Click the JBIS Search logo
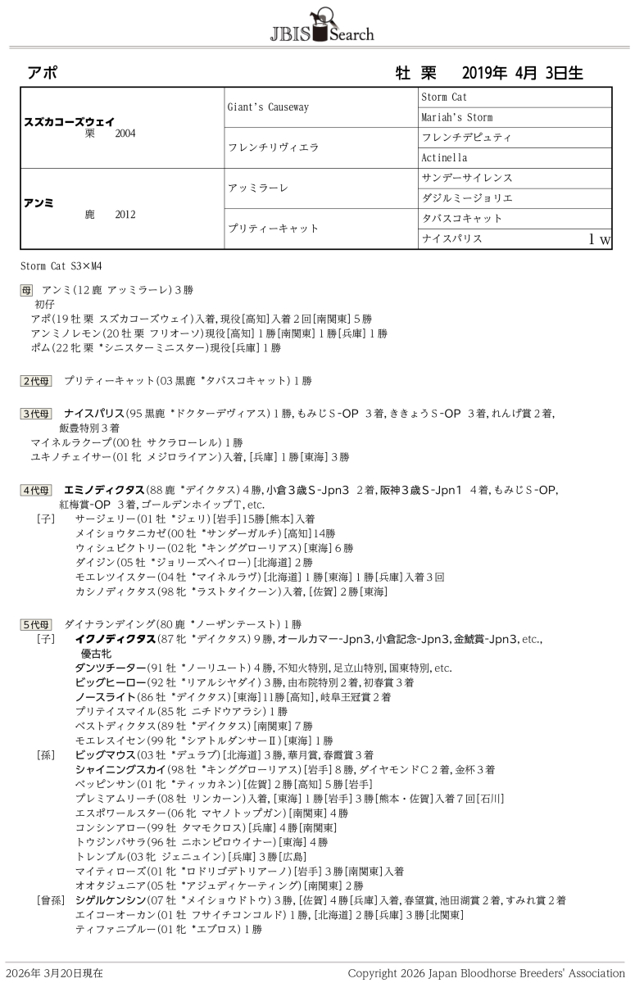click(x=321, y=26)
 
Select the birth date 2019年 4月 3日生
click(x=522, y=73)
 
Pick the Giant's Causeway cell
click(x=268, y=107)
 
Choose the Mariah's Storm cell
click(x=456, y=117)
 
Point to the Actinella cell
click(x=444, y=157)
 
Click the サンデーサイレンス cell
click(x=466, y=178)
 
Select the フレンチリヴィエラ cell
click(x=273, y=147)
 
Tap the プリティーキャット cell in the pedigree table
click(x=273, y=229)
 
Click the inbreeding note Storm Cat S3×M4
click(x=61, y=266)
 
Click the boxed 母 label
click(x=27, y=290)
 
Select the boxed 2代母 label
click(x=36, y=381)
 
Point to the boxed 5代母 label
click(x=36, y=623)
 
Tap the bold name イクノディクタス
click(x=115, y=638)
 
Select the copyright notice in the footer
click(x=486, y=973)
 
